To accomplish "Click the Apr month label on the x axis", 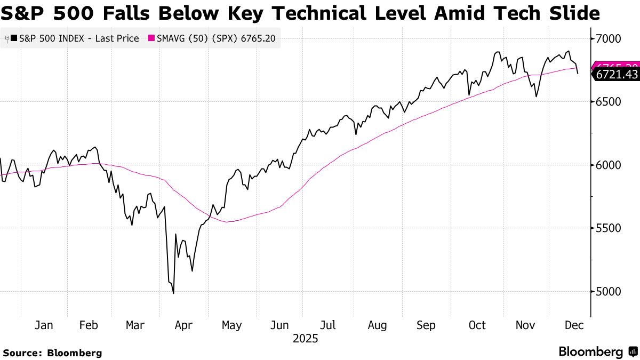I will [183, 325].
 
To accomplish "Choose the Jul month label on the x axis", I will [329, 325].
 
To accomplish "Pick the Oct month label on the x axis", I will [477, 325].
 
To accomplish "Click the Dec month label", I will [574, 325].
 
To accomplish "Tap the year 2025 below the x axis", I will [306, 339].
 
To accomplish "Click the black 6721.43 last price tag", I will [617, 75].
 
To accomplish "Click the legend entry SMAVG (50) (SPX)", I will [198, 38].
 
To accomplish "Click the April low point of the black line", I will [173, 293].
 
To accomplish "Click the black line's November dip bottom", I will [536, 97].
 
